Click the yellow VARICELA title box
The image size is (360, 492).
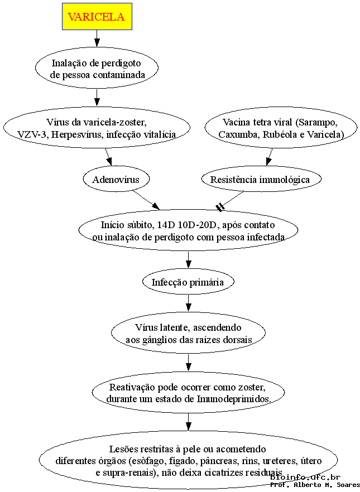pos(97,16)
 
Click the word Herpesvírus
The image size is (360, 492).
pos(77,134)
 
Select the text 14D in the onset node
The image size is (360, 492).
pos(165,225)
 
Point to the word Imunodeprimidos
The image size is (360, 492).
pos(234,399)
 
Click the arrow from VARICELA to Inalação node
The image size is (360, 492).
pos(97,38)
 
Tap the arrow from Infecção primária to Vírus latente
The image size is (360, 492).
pos(188,302)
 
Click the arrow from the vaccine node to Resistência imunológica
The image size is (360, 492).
pos(269,157)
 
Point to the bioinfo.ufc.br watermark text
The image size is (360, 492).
pos(305,477)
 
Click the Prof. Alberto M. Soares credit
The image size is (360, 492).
pos(315,485)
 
